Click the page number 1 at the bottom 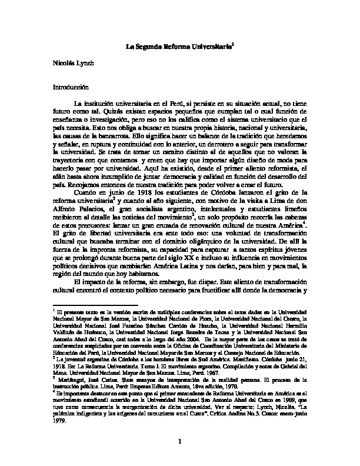tap(179, 442)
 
